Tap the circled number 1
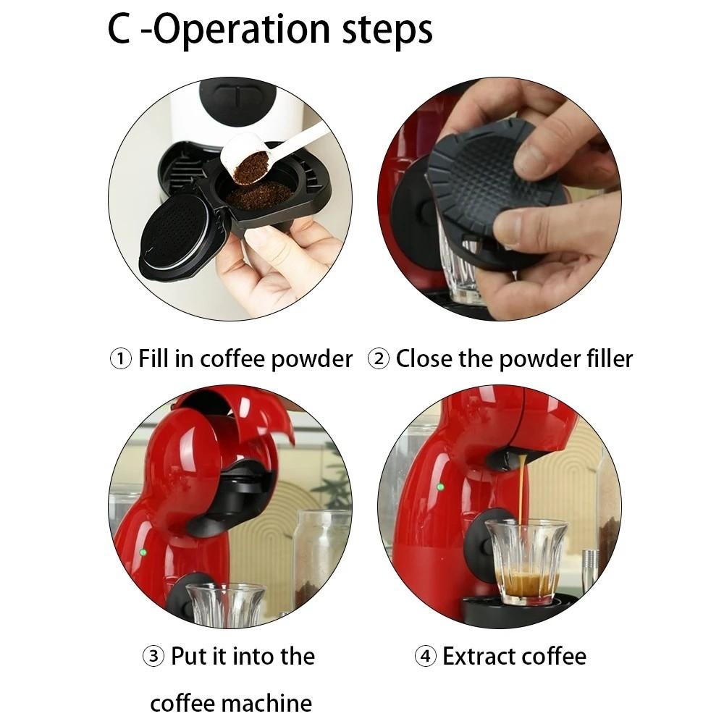tap(120, 358)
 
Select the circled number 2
tap(379, 358)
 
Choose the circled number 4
tap(425, 657)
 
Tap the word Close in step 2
tap(424, 358)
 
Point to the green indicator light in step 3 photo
tap(143, 552)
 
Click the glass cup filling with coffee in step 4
tap(526, 561)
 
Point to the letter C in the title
tap(119, 30)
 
